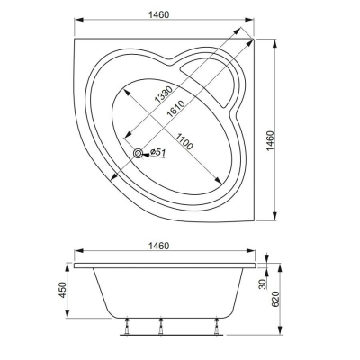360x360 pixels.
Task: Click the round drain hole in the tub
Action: pos(139,154)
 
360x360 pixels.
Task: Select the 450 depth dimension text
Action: pos(62,292)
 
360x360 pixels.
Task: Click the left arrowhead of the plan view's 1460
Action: pos(74,22)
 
